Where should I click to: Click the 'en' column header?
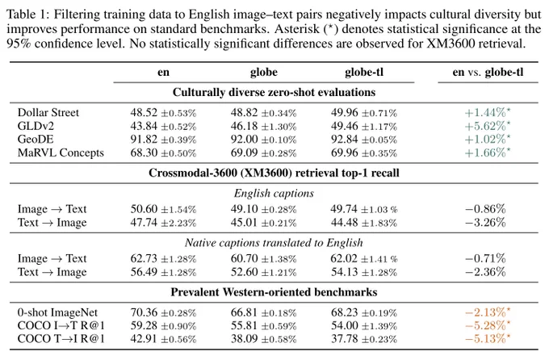163,72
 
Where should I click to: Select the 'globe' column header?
264,72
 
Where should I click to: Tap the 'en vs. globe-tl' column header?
488,72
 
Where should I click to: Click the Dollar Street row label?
48,112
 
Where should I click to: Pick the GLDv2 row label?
36,126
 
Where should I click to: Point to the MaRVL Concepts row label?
61,153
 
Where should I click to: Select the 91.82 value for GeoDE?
144,140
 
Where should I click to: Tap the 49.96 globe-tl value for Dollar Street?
345,112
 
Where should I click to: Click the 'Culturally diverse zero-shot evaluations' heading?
274,92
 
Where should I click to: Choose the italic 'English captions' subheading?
274,193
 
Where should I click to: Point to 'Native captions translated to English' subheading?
274,243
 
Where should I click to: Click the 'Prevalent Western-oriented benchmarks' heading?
274,292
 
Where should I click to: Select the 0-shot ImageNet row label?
57,312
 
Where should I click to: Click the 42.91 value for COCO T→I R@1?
144,339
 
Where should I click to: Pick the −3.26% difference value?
485,222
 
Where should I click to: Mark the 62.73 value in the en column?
144,258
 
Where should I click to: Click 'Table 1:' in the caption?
28,15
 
